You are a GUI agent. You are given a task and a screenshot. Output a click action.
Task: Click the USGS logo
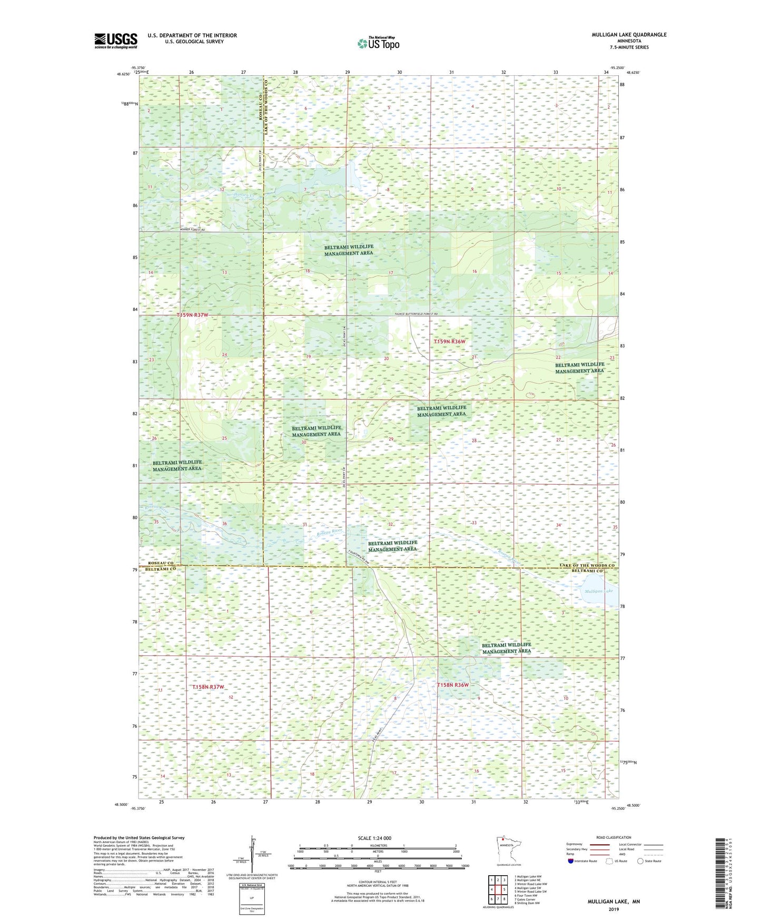(115, 41)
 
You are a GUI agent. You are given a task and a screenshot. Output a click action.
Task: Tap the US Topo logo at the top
(378, 43)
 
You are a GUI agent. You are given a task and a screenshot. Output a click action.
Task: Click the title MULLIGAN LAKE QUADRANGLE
(629, 35)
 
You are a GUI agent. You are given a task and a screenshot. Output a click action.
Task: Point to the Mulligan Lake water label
(598, 591)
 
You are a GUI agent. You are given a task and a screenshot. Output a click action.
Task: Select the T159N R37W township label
(192, 315)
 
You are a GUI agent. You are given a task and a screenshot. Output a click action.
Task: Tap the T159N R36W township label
(449, 341)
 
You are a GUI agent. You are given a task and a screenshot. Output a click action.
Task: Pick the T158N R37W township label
(208, 687)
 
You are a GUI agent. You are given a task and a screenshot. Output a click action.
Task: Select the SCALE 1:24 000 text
(374, 838)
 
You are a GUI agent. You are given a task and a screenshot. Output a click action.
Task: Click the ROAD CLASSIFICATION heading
(614, 837)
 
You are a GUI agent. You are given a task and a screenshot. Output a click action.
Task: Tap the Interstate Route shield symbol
(571, 861)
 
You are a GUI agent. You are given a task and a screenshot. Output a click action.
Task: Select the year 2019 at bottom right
(614, 909)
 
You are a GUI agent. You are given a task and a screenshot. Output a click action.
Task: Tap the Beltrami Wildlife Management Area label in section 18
(348, 250)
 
